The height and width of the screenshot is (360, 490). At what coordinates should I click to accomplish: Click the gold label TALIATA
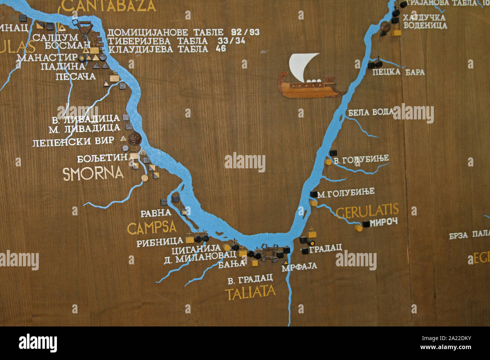(x=250, y=292)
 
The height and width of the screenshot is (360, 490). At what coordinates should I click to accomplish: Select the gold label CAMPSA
(x=152, y=228)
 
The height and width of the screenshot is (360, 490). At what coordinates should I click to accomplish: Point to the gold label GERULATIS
(x=367, y=212)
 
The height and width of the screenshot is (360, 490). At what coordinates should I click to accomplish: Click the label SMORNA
(x=93, y=174)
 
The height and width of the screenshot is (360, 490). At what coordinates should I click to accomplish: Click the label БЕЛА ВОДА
(x=371, y=112)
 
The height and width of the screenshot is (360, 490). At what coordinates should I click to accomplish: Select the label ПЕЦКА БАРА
(x=398, y=72)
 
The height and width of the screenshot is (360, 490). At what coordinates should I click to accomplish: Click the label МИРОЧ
(x=384, y=222)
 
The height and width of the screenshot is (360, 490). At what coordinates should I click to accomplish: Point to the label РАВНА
(x=156, y=214)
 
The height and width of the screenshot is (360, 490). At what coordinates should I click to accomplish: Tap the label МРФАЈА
(x=299, y=266)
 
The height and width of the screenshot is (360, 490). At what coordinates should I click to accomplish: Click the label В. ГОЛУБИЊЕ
(x=361, y=160)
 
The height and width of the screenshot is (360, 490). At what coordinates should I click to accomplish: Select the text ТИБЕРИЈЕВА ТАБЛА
(x=157, y=41)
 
